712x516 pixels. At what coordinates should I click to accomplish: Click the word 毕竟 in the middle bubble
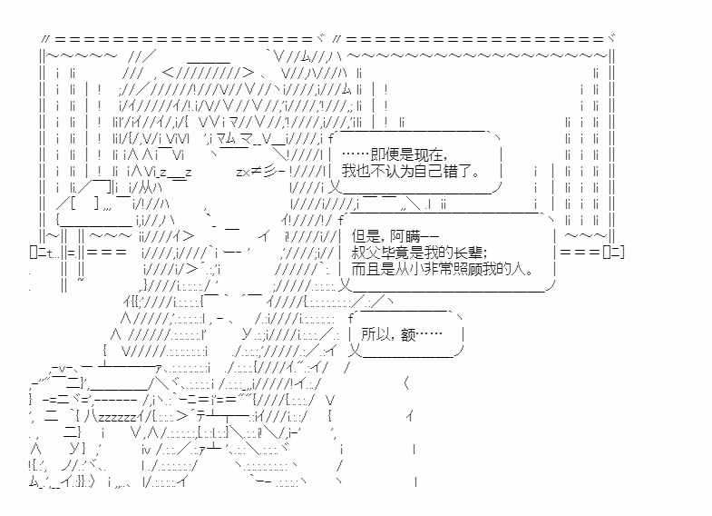pyautogui.click(x=394, y=253)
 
